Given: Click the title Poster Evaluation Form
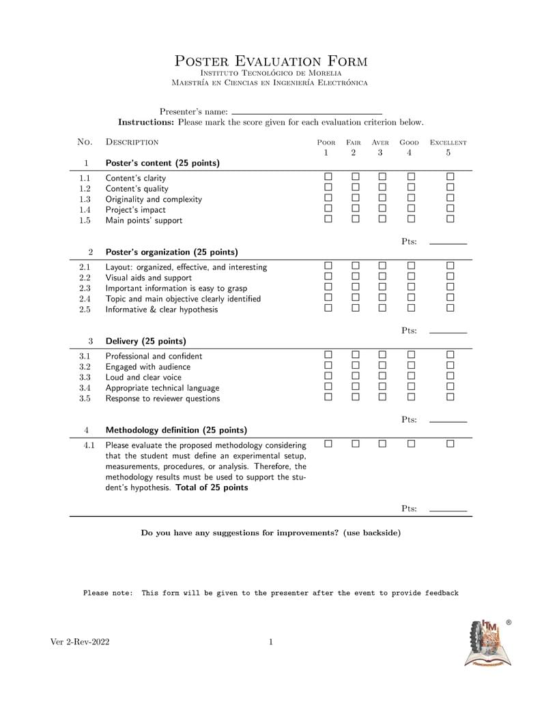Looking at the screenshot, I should (x=271, y=61).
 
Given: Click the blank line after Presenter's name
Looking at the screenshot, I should (x=306, y=112).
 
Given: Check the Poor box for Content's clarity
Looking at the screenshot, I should (x=328, y=177).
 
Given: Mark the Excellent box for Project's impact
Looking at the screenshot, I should (x=450, y=209).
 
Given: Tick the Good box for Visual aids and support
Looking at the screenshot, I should (x=411, y=277).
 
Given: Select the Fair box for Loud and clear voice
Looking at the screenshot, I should (x=355, y=376).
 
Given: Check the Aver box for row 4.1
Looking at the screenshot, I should (x=382, y=444).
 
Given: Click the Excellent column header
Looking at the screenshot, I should (x=448, y=143).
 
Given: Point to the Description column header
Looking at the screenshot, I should (x=132, y=143).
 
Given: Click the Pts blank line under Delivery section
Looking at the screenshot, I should (x=448, y=421).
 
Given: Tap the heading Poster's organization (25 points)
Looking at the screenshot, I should (x=171, y=252).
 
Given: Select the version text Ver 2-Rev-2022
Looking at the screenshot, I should (x=80, y=642).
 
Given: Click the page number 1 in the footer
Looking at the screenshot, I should (x=271, y=642).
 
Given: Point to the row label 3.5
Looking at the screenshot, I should (x=85, y=398).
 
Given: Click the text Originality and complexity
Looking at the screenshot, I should (x=154, y=199).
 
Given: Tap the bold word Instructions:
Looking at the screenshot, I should (x=147, y=123).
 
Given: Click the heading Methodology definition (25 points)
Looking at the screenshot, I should (x=176, y=430).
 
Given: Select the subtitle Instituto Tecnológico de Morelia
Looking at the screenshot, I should (x=271, y=73).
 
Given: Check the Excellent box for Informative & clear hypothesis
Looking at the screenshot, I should (x=450, y=308).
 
